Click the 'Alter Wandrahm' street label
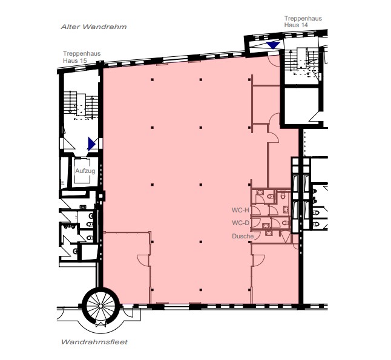(94, 27)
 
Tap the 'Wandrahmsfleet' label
(94, 342)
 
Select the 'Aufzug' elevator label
(85, 171)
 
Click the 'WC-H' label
(240, 210)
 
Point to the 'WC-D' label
(240, 223)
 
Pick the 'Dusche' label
(243, 236)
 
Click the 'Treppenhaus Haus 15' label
(82, 57)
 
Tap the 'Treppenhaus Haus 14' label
(303, 21)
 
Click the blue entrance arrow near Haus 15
(91, 144)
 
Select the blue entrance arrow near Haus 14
(273, 45)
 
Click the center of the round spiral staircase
(100, 306)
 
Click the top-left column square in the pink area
(152, 80)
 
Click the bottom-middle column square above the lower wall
(201, 290)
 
